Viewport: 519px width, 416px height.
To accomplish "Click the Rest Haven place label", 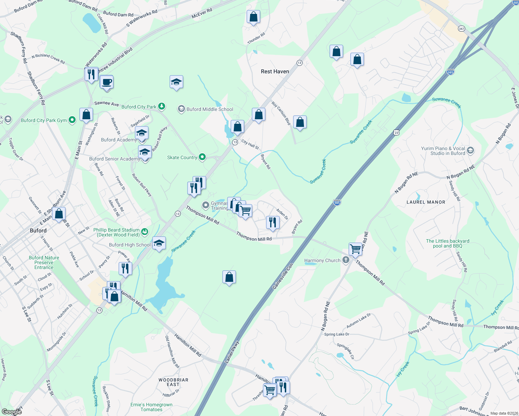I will pyautogui.click(x=275, y=71).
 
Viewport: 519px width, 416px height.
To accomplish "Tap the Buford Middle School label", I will pyautogui.click(x=210, y=109).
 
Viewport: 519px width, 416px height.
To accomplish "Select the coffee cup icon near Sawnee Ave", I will pyautogui.click(x=107, y=83).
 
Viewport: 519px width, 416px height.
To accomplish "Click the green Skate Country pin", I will pyautogui.click(x=202, y=157).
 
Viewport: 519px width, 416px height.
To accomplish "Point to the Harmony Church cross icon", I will pyautogui.click(x=346, y=260).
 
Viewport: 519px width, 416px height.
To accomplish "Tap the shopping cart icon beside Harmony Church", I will pyautogui.click(x=356, y=249).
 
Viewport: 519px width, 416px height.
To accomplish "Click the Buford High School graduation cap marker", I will pyautogui.click(x=159, y=243).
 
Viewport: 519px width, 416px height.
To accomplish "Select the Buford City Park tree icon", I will pyautogui.click(x=161, y=106).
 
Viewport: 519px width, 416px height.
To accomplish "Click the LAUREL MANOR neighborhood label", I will pyautogui.click(x=426, y=202).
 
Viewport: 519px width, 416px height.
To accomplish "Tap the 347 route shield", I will pyautogui.click(x=461, y=28).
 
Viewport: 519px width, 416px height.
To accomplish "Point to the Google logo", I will pyautogui.click(x=12, y=412).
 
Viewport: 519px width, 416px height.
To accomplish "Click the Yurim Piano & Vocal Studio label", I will pyautogui.click(x=443, y=151).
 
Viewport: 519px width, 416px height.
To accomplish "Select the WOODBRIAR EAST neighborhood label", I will pyautogui.click(x=173, y=382).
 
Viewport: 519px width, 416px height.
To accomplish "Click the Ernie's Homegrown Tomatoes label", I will pyautogui.click(x=151, y=407).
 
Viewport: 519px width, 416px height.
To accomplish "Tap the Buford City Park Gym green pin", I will pyautogui.click(x=72, y=120).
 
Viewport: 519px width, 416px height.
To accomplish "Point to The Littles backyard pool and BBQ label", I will pyautogui.click(x=448, y=243).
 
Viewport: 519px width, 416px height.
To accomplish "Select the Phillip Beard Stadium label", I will pyautogui.click(x=116, y=232).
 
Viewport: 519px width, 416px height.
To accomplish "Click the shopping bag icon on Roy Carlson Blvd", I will pyautogui.click(x=300, y=122).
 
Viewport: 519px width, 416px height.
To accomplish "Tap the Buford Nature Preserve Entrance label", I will pyautogui.click(x=44, y=262).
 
